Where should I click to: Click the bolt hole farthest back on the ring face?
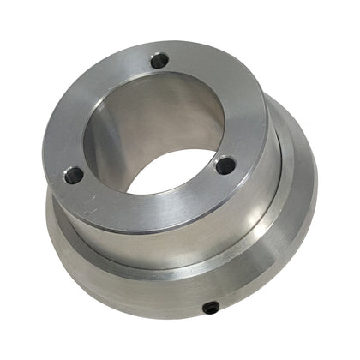pos(159,61)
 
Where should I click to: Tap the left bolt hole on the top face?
pos(75,175)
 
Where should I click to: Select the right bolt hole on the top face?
pos(225,165)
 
